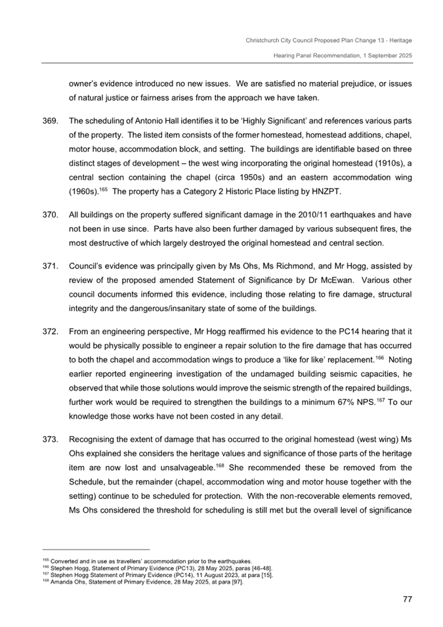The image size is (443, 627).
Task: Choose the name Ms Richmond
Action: [x=297, y=267]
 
